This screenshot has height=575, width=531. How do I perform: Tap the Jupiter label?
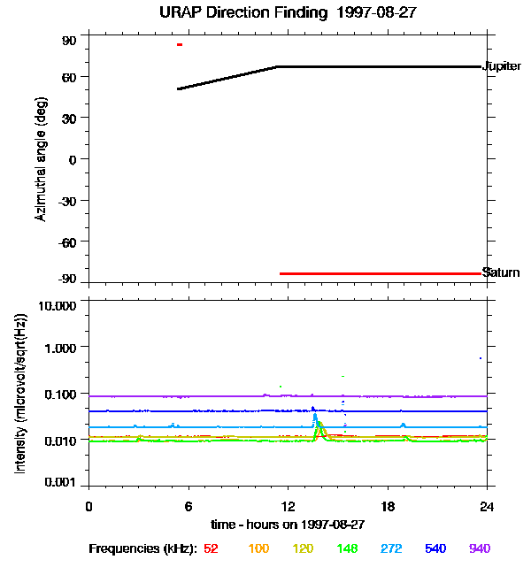coord(501,66)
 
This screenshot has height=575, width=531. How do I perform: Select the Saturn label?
coord(500,272)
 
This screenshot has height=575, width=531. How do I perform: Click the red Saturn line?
coord(381,273)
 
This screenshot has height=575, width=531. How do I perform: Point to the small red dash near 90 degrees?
coord(180,44)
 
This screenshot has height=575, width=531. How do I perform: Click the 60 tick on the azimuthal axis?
coord(69,76)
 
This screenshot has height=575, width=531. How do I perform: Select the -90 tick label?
coord(66,280)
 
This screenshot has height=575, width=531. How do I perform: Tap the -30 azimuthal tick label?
coord(66,199)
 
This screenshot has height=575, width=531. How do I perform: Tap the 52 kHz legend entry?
coord(211,548)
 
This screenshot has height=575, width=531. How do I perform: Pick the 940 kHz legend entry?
coord(479,548)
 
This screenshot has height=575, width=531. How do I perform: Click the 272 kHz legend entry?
coord(390,548)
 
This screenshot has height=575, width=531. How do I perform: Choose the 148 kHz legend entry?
coord(346,548)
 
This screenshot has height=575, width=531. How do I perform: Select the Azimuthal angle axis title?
coord(42,159)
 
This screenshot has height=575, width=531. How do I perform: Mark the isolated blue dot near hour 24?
coord(481,358)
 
